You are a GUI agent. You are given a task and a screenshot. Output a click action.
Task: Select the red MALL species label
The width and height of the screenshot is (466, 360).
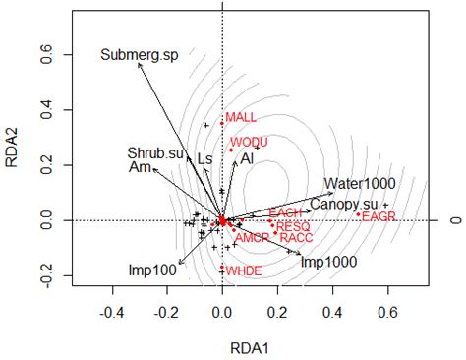(241, 118)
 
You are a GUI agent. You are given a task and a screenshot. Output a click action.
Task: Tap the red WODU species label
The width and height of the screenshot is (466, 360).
(249, 143)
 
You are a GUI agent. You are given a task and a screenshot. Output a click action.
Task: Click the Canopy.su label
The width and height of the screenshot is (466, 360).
(343, 204)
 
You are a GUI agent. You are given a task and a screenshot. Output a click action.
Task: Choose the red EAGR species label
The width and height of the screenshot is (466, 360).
(378, 216)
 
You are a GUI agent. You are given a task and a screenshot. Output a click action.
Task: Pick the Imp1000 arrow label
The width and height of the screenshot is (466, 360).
(328, 262)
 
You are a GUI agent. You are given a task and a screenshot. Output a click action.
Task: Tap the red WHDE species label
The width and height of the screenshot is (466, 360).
(243, 270)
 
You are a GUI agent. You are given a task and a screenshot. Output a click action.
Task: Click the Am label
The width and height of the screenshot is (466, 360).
(139, 168)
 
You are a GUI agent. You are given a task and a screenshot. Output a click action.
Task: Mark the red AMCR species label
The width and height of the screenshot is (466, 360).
(252, 238)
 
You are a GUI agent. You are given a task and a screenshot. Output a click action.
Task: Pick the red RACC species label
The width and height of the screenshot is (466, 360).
(296, 238)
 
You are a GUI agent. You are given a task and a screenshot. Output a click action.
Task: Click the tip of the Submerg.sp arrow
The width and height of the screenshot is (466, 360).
(139, 64)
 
